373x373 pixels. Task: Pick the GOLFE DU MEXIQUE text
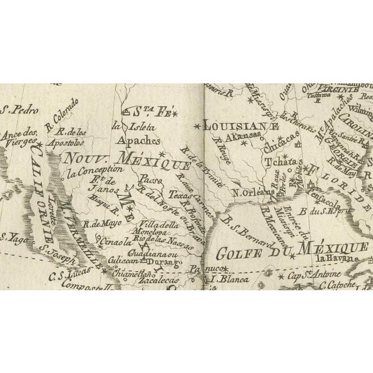[291, 251]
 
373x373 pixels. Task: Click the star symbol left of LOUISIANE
[196, 125]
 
